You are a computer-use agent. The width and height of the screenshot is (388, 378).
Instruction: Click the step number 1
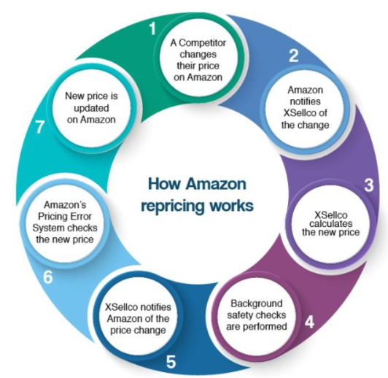[x=152, y=28]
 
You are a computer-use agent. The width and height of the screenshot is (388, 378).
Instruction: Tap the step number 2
[x=294, y=55]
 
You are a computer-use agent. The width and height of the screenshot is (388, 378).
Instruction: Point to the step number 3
[x=368, y=185]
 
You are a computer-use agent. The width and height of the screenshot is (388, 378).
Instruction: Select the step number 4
[x=309, y=322]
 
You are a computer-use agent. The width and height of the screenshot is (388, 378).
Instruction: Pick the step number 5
[x=171, y=362]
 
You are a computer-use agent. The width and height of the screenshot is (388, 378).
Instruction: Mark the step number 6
[x=48, y=277]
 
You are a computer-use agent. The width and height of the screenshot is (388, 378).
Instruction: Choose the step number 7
[x=40, y=127]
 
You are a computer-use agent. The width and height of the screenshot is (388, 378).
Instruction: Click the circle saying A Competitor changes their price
[x=198, y=60]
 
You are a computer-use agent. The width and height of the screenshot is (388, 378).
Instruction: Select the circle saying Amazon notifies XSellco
[x=305, y=107]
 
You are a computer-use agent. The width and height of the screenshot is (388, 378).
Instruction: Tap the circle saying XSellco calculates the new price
[x=330, y=223]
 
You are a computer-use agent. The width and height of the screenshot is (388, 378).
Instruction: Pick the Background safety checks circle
[x=257, y=315]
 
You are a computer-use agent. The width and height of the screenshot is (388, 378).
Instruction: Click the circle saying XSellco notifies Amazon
[x=138, y=319]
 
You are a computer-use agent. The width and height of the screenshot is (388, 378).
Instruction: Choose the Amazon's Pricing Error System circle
[x=65, y=222]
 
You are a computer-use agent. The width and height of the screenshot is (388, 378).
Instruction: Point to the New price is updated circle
[x=92, y=108]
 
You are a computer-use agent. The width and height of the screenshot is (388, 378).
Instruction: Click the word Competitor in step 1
[x=203, y=43]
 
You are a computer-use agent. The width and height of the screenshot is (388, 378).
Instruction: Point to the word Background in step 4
[x=257, y=304]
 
